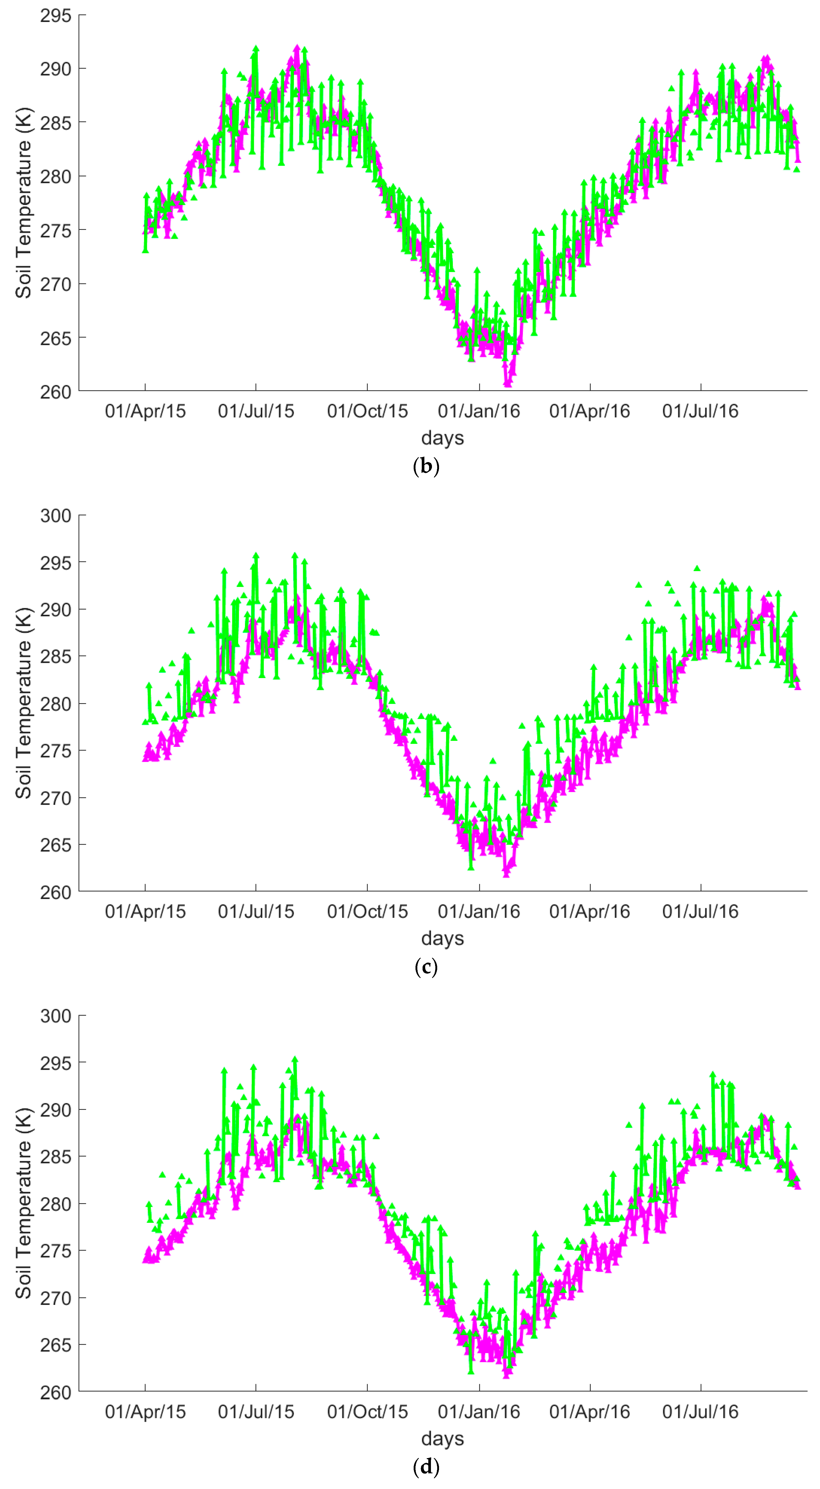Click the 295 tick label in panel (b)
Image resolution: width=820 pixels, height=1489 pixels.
click(x=55, y=16)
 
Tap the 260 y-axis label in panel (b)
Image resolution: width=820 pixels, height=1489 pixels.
click(x=55, y=392)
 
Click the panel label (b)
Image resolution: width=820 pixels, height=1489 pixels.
click(x=426, y=466)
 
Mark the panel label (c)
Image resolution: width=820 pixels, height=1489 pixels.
click(x=426, y=967)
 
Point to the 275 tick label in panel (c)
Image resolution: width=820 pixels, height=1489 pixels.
click(x=55, y=751)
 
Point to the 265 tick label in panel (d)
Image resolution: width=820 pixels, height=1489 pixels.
click(x=55, y=1345)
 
